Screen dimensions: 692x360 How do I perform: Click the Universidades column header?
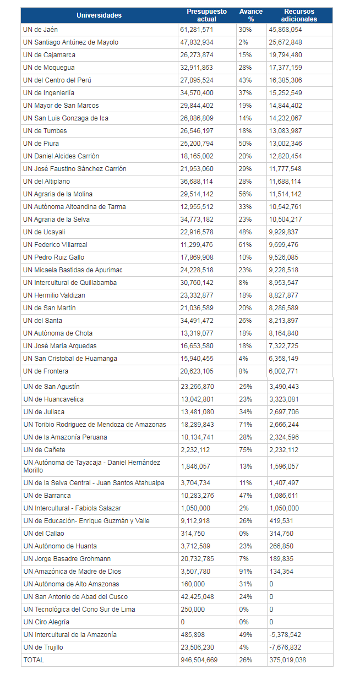coord(99,15)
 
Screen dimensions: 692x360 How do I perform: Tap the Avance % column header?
coord(251,15)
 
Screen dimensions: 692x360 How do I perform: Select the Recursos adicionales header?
coord(299,15)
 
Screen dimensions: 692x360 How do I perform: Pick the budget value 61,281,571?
coord(197,30)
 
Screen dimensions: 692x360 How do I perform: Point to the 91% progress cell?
coord(246,572)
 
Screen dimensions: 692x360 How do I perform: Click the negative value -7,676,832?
coord(285,647)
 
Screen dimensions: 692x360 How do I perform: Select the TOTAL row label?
coord(34,660)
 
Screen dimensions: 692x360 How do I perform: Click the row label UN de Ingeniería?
coord(48,93)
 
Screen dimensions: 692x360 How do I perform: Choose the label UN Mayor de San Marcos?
coord(61,106)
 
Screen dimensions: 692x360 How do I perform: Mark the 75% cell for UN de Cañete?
coord(246,450)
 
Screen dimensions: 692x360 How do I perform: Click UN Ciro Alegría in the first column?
coord(46,622)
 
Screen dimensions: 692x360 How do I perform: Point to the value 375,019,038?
coord(287,660)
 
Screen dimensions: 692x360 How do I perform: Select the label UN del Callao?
coord(43,534)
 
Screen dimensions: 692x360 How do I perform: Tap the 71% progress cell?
coord(246,425)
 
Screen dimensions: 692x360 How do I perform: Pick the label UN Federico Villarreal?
coord(55,245)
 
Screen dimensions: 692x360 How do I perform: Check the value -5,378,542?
coord(285,635)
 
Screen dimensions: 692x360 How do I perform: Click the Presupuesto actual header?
coord(206,15)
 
